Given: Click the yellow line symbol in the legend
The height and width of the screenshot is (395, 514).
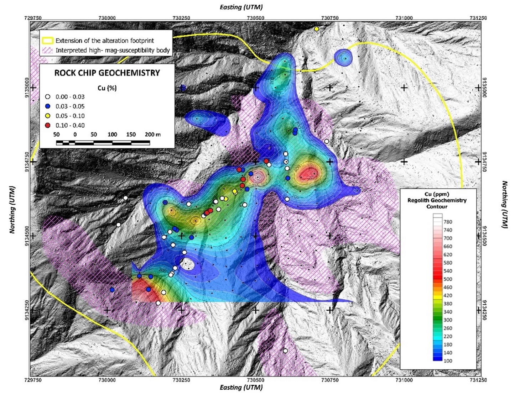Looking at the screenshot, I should point(48,41).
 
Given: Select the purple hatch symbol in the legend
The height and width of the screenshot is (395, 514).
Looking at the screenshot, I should point(48,50).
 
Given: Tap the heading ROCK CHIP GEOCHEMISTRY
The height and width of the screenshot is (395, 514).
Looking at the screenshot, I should point(107,73).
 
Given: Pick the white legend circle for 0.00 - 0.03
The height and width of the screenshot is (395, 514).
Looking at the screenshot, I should point(48,97).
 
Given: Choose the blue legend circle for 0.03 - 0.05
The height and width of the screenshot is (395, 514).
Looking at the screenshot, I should point(48,106).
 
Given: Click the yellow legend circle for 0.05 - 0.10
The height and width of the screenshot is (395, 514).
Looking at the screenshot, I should point(48,116).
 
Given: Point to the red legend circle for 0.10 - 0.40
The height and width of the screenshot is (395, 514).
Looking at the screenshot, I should point(48,125).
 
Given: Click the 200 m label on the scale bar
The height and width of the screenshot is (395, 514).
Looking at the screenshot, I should point(152,135).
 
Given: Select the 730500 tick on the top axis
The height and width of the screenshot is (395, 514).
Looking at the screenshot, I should point(255,18).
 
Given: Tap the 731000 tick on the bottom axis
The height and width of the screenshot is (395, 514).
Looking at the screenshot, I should point(404,380).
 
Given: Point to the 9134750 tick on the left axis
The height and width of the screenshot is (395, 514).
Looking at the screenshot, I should point(27,162).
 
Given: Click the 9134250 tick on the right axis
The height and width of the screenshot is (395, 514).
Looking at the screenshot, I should point(484,310).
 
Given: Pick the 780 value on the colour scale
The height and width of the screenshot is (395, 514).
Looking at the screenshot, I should point(448,222).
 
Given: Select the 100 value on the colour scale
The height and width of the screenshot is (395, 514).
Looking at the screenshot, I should point(448,361).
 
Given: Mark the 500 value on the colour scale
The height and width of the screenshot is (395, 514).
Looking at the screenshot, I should point(448,279).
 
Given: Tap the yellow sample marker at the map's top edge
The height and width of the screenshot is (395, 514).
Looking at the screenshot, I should point(316,29).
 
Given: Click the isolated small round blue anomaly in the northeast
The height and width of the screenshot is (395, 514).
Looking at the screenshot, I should point(343,57).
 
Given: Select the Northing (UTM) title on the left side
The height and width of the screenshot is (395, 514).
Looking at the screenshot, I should point(12,210).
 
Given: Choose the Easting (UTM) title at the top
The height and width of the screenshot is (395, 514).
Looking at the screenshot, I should point(241,7).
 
